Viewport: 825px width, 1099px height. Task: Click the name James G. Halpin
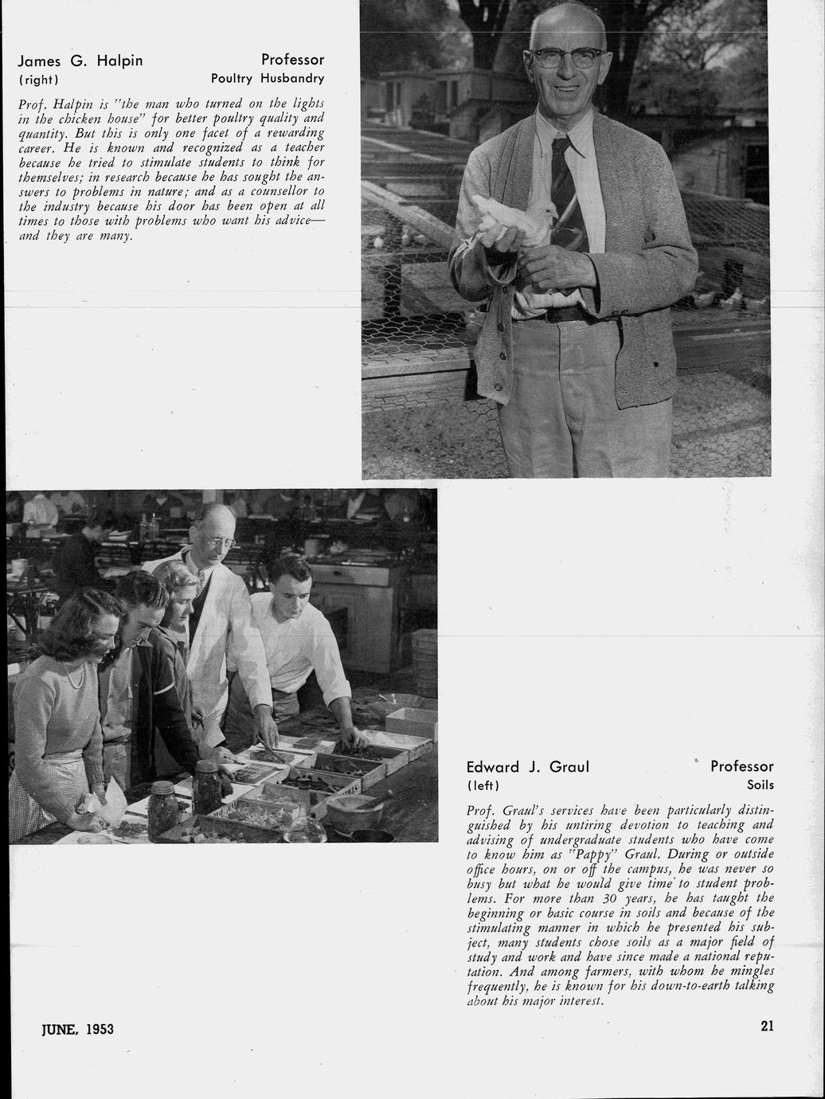80,61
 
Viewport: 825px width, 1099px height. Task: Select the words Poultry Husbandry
268,79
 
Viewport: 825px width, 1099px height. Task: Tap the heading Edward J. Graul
527,767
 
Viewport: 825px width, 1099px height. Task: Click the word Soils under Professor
760,785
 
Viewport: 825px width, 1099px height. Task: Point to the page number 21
767,1027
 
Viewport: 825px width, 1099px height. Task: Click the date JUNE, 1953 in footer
77,1029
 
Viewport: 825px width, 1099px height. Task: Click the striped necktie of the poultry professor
566,191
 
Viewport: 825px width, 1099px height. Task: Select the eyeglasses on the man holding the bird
567,57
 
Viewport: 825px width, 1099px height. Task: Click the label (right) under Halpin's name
39,80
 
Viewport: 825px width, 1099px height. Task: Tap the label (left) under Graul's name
483,786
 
